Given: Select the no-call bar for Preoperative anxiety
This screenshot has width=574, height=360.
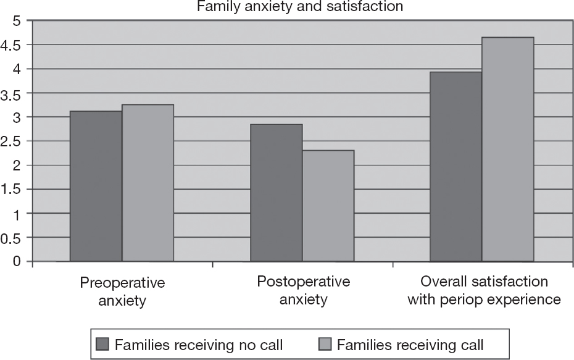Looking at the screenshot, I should (96, 186).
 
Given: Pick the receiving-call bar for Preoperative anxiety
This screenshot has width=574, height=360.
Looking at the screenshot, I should (148, 183).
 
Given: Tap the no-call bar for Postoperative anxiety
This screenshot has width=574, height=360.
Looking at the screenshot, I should (276, 193).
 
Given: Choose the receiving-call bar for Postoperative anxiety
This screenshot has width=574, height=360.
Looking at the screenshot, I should (328, 206).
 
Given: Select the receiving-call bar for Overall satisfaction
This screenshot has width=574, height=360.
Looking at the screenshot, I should (507, 149).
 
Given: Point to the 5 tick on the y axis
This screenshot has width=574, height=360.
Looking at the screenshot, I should (17, 21).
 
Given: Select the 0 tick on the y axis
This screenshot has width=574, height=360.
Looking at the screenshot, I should (17, 262).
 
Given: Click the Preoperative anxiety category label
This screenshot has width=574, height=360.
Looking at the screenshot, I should (122, 291).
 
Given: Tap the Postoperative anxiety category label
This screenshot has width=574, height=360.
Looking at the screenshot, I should (302, 291).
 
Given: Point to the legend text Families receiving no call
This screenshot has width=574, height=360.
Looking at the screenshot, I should (199, 344).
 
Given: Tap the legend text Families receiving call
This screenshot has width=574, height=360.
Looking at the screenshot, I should (410, 344).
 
